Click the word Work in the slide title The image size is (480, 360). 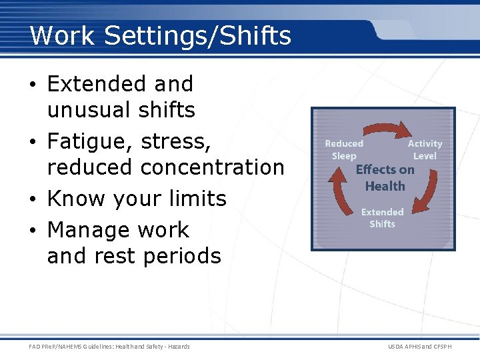(58, 36)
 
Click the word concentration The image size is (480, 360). (213, 167)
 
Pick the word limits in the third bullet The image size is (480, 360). (198, 199)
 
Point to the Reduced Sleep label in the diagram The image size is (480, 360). (344, 149)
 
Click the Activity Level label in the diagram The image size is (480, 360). (425, 149)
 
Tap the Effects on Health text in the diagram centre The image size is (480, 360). (385, 178)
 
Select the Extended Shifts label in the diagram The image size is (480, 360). (382, 218)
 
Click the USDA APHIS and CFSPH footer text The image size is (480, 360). (420, 347)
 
